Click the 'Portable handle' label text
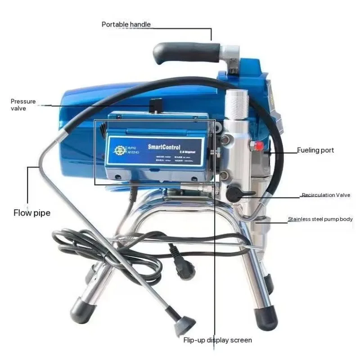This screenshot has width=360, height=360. pyautogui.click(x=126, y=24)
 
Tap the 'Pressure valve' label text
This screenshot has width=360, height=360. pyautogui.click(x=23, y=105)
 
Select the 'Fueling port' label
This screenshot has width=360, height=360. pyautogui.click(x=315, y=150)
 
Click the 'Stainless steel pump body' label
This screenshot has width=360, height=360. pyautogui.click(x=320, y=220)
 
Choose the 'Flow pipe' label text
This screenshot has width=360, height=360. pyautogui.click(x=31, y=212)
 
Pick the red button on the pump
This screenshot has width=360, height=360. pyautogui.click(x=260, y=146)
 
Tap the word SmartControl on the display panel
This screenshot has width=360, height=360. pyautogui.click(x=164, y=147)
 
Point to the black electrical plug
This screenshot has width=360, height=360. pyautogui.click(x=187, y=269)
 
